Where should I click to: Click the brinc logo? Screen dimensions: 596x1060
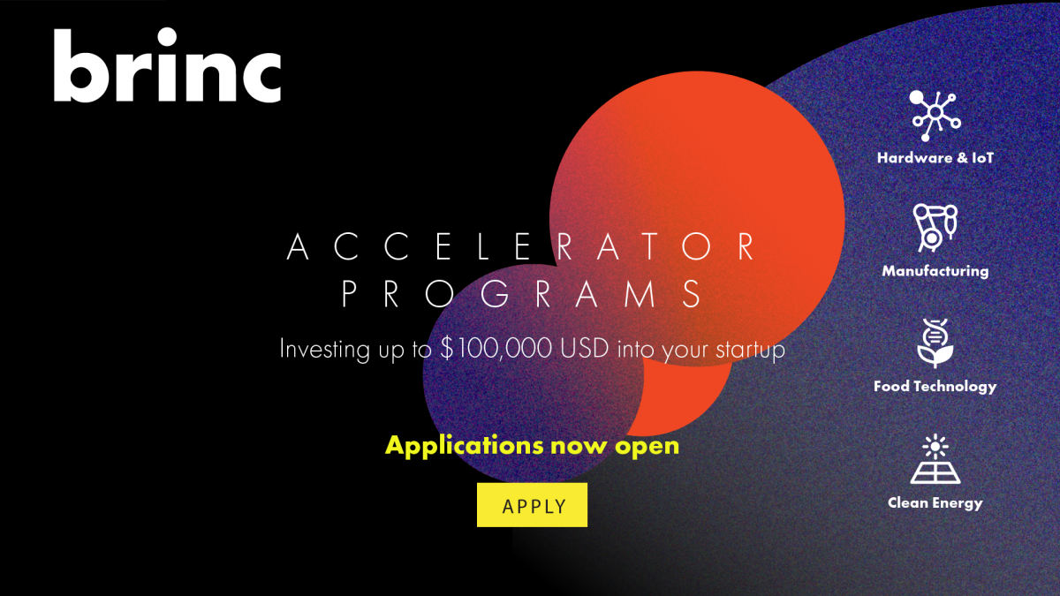coord(166,67)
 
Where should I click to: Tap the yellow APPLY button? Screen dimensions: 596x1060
coord(532,505)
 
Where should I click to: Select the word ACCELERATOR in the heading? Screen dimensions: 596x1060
coord(522,246)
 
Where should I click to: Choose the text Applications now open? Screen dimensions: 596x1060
coord(532,444)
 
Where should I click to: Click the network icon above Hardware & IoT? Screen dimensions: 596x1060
coord(935,114)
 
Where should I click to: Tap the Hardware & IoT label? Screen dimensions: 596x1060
coord(935,158)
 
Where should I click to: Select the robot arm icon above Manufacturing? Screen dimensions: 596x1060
coord(935,227)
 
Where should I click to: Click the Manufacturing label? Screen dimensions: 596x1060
coord(935,271)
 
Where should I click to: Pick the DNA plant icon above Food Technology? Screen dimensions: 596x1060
coord(935,343)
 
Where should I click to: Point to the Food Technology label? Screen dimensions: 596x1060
coord(935,386)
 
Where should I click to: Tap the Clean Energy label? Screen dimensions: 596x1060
coord(935,502)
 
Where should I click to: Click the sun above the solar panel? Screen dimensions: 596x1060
coord(935,445)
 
